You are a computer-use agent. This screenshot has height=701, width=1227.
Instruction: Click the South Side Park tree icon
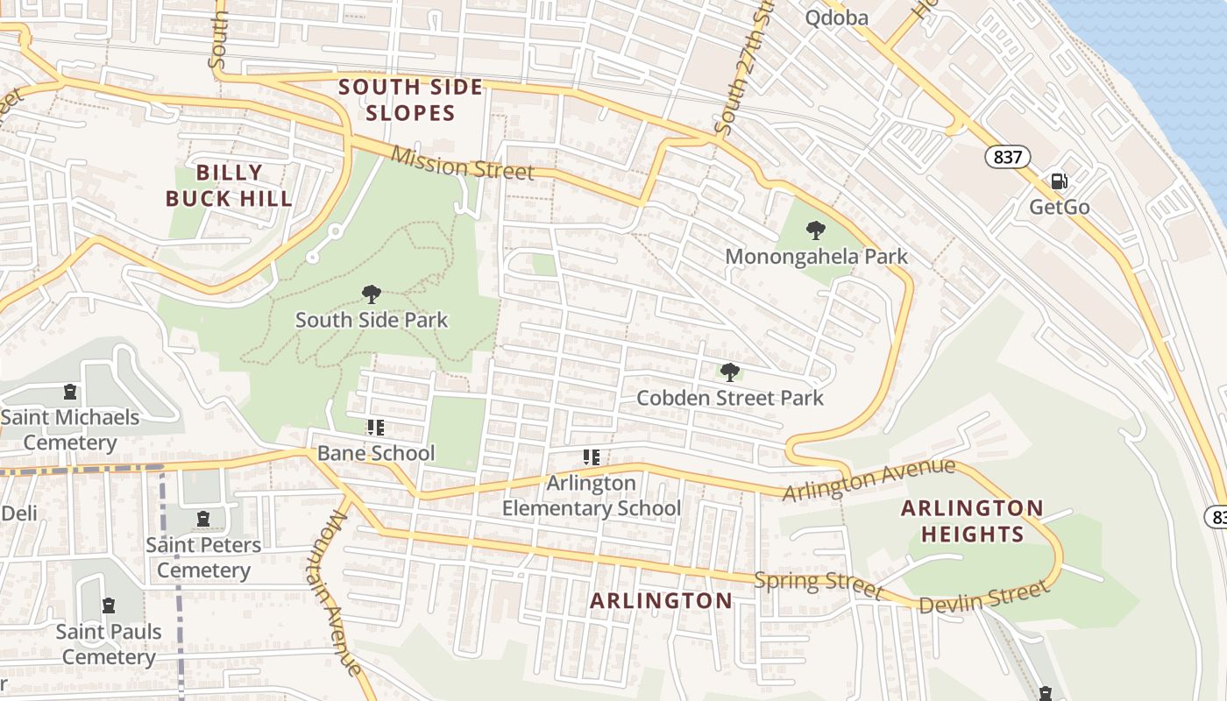click(372, 294)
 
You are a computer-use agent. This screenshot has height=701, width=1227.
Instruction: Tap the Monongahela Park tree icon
click(816, 230)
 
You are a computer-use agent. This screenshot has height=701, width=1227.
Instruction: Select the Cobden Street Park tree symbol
click(729, 372)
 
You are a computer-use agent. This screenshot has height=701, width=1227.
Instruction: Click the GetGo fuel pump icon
click(1060, 181)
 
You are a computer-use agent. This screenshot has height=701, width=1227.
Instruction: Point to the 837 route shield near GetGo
click(1007, 157)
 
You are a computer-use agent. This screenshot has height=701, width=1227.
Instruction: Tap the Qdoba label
click(836, 18)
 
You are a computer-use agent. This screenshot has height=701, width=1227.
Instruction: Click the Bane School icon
click(375, 428)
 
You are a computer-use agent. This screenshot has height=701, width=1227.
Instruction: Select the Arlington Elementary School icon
click(592, 457)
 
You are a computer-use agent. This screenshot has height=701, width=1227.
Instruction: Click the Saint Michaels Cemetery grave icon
click(70, 392)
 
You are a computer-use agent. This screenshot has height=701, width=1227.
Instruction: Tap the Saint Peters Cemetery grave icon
click(203, 519)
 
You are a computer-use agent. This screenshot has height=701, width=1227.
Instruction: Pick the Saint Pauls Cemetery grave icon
click(109, 605)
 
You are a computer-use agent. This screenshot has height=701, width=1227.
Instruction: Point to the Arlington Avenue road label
click(868, 480)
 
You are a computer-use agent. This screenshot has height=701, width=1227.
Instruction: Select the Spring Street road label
click(819, 583)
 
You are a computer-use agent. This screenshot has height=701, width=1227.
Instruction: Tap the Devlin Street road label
click(983, 598)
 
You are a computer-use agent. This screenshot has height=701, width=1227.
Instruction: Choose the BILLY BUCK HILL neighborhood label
click(229, 185)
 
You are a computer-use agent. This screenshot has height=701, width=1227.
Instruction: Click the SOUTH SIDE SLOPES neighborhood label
click(410, 100)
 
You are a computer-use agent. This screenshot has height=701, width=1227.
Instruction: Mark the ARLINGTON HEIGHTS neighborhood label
click(972, 521)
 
